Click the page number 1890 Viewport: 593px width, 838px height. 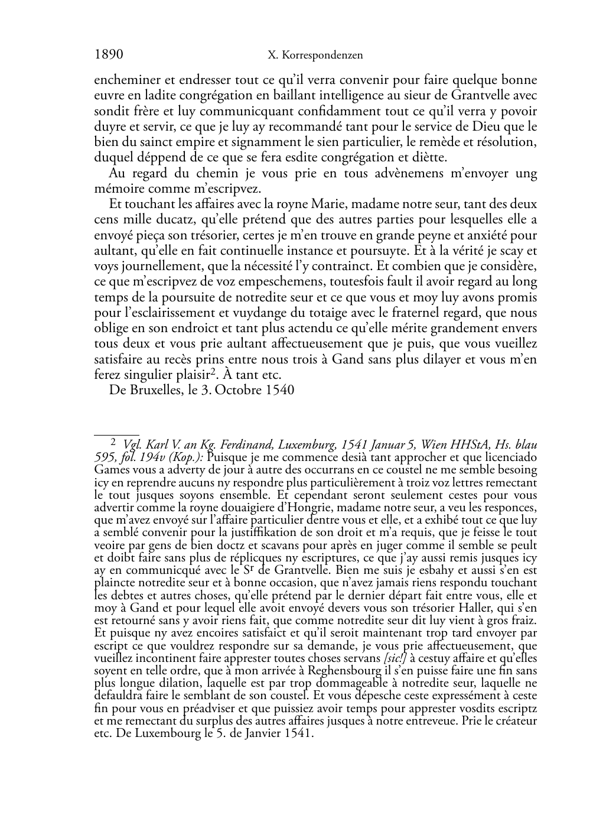pos(109,55)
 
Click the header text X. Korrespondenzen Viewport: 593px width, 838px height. pos(315,56)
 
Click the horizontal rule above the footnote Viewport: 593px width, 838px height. pos(116,434)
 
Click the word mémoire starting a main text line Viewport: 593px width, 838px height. pos(116,189)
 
